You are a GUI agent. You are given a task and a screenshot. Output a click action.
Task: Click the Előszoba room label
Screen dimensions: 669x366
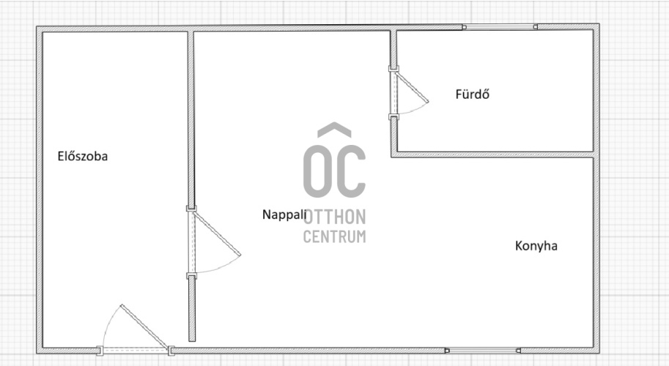click(x=82, y=157)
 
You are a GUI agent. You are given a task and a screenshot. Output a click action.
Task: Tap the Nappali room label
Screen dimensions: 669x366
click(x=284, y=214)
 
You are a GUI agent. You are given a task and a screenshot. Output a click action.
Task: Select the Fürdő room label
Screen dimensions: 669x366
click(x=473, y=94)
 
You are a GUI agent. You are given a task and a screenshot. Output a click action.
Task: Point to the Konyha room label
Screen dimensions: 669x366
click(x=536, y=246)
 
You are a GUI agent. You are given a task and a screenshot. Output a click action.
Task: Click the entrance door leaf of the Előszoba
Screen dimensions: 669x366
click(x=144, y=326)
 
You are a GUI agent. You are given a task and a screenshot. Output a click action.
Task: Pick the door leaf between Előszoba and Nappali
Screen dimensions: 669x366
click(x=217, y=233)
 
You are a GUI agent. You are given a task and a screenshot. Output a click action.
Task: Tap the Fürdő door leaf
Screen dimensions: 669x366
click(x=411, y=87)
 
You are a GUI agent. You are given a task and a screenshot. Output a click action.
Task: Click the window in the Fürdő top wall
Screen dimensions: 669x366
click(x=500, y=27)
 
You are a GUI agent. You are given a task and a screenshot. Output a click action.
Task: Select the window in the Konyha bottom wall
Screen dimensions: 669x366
click(x=483, y=351)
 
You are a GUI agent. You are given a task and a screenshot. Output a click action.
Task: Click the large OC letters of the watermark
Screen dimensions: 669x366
click(x=334, y=171)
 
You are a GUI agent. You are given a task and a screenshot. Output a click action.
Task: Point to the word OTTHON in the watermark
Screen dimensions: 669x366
click(x=334, y=217)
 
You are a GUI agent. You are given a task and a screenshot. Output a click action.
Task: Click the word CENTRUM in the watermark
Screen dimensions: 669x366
click(x=334, y=236)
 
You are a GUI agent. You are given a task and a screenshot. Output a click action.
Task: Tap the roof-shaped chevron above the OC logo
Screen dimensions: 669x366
click(x=334, y=129)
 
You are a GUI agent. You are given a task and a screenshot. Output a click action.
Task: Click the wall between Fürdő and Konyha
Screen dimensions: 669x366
click(x=492, y=154)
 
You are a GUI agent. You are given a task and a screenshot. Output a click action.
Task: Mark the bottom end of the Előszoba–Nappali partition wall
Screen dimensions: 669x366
click(x=192, y=341)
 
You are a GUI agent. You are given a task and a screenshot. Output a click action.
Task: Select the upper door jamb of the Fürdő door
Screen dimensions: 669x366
click(x=393, y=69)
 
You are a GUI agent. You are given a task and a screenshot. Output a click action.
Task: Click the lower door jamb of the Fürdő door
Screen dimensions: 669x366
click(x=393, y=116)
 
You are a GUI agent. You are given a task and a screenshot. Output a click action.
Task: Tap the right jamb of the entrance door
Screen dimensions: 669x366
click(x=171, y=351)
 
